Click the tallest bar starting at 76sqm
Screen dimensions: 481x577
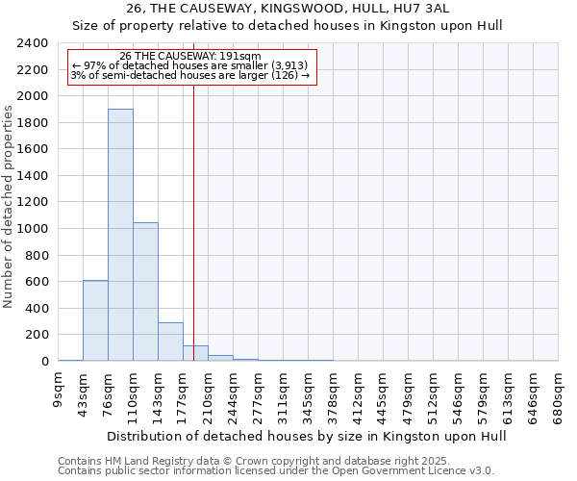120,235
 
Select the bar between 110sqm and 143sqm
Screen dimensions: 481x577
145,291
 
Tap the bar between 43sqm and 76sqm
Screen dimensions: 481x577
95,320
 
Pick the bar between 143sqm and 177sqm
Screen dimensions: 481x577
170,342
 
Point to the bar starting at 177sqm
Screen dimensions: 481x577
195,353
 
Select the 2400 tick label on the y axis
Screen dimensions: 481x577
33,43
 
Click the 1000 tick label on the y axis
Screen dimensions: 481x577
33,229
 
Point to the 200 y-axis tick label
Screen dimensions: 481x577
37,335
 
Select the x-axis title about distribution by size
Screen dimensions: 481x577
306,436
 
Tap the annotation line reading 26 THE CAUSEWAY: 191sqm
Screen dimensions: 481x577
190,57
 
